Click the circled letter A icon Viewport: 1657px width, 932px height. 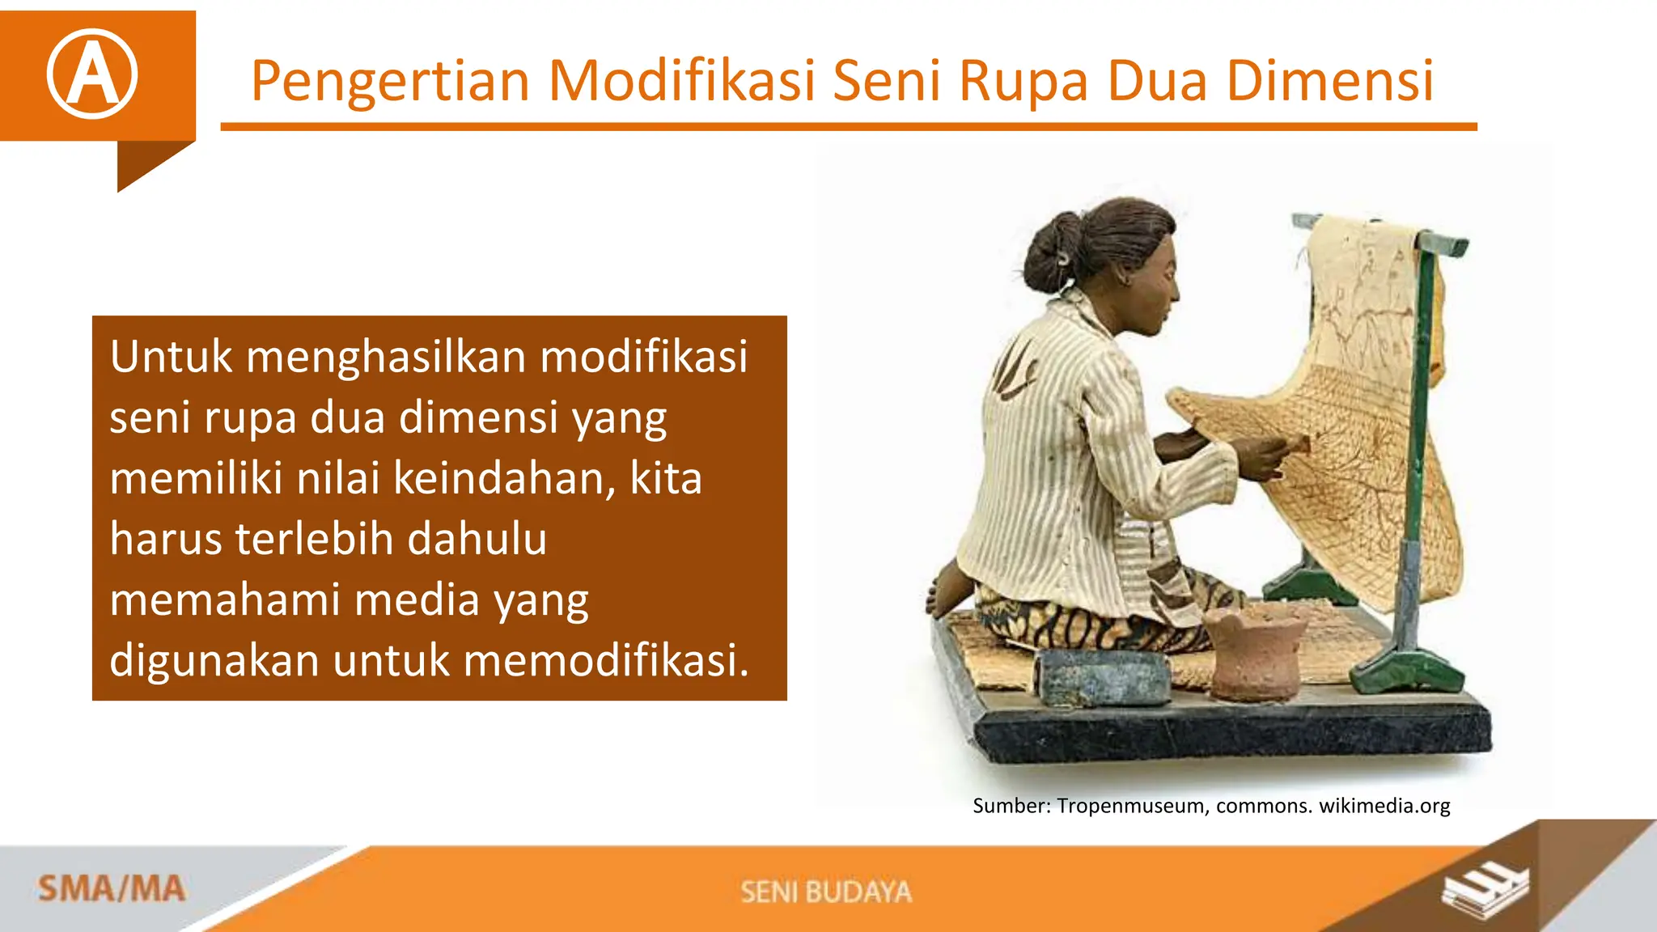(92, 74)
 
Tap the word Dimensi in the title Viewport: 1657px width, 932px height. (1330, 81)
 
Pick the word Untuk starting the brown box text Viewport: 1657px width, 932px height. (172, 357)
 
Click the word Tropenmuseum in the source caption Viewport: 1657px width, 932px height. (1130, 806)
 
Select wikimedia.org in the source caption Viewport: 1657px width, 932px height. (1384, 806)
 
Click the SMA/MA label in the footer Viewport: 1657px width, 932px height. (111, 889)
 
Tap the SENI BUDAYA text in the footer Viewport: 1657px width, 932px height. (826, 892)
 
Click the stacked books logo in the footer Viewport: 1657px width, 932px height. (1485, 889)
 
